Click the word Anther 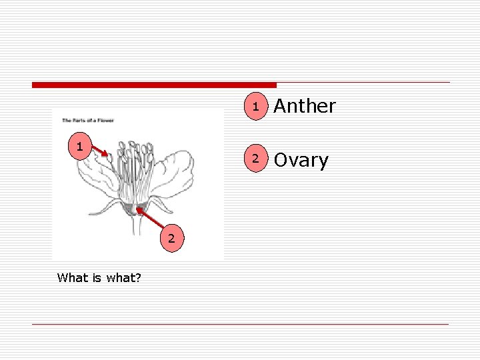(x=305, y=106)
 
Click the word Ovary (x=301, y=161)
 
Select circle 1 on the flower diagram (x=79, y=146)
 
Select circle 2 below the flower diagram (x=171, y=238)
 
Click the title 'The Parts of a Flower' (x=88, y=121)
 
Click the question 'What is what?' (x=99, y=277)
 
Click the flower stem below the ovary (x=137, y=227)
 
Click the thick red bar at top (x=153, y=85)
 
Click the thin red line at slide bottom (x=240, y=325)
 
